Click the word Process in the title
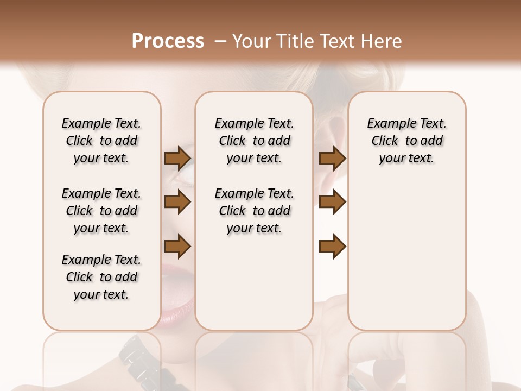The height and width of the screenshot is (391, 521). pos(168,41)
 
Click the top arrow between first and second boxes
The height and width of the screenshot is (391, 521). pos(177,158)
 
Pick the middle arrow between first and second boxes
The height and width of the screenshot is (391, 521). pos(177,202)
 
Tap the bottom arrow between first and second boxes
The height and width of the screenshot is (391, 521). pos(177,247)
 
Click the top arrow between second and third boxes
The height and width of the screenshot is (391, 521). pos(332,158)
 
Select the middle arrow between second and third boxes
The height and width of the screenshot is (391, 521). pos(332,202)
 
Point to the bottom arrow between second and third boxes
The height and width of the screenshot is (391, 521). pos(332,247)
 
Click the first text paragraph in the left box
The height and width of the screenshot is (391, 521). pos(101,141)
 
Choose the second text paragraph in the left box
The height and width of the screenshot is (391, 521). pos(101,211)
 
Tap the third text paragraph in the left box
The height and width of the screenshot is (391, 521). pos(101,277)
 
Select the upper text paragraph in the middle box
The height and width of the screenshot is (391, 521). pos(254,141)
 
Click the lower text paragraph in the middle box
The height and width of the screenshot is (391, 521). pos(254,211)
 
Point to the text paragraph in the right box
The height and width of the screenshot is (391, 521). pos(406,141)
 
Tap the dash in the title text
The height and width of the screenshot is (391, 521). pos(220,41)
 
